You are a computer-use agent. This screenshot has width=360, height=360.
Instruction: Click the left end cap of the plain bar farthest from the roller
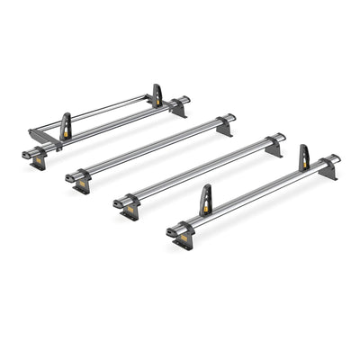tap(119, 203)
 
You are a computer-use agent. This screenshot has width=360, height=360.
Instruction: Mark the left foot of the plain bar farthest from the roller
tap(132, 211)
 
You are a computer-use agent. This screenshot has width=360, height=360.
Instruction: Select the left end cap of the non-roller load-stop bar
tap(171, 233)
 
